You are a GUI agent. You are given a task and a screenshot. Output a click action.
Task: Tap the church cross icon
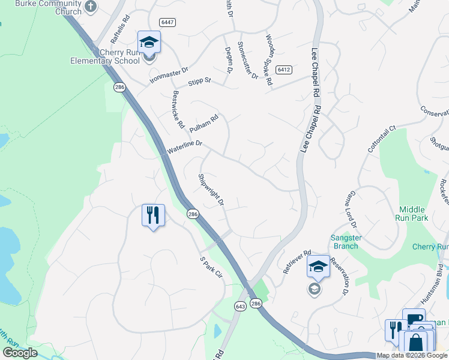tap(90, 7)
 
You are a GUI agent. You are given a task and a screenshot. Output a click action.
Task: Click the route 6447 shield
tap(167, 22)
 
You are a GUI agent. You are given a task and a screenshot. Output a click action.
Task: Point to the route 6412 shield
tap(284, 70)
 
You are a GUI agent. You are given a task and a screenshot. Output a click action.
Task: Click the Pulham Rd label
tap(203, 124)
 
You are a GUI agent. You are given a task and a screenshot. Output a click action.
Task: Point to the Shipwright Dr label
tap(211, 191)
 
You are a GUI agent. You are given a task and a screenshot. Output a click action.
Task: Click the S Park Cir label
tap(211, 268)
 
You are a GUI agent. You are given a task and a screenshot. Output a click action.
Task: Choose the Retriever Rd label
tap(297, 261)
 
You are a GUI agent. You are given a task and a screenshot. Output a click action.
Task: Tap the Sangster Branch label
tap(346, 242)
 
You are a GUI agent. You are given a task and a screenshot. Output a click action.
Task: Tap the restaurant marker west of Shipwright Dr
tap(153, 215)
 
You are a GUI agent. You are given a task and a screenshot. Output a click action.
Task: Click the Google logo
tap(20, 352)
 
